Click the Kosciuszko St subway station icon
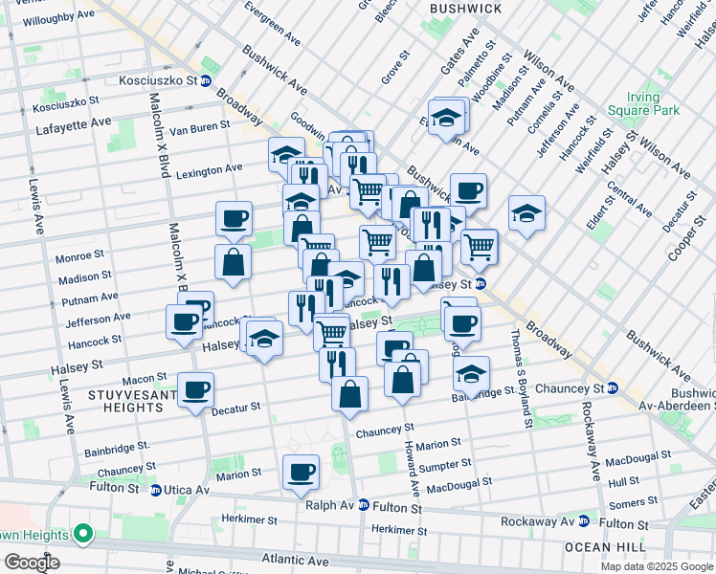[205, 81]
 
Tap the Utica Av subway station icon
[155, 489]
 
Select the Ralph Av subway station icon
[363, 504]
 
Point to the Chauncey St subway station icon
[612, 388]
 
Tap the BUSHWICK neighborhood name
[465, 9]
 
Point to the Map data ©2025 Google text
[656, 566]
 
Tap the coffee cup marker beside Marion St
[301, 472]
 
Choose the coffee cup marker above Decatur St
[195, 389]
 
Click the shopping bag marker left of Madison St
[233, 261]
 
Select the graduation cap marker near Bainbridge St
[471, 373]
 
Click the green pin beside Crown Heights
[83, 533]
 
